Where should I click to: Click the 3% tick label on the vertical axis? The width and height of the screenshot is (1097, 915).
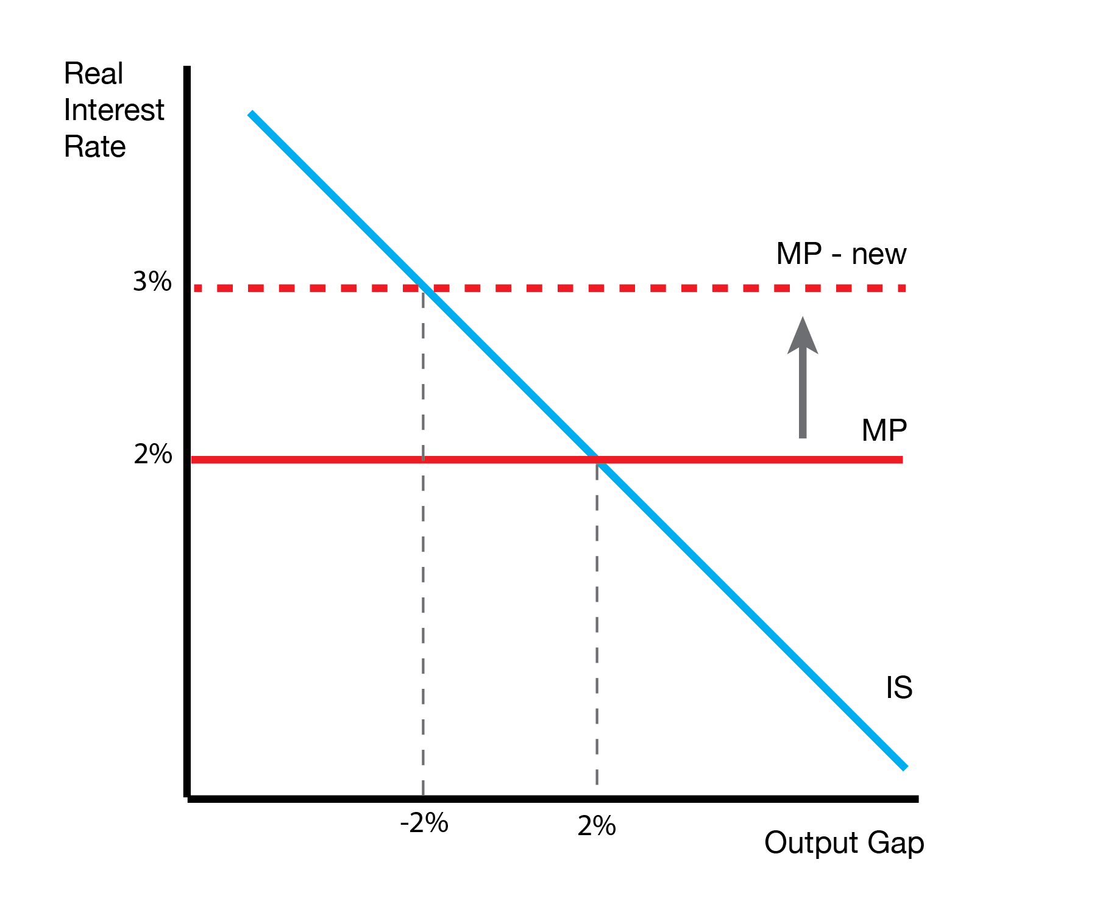[x=152, y=282]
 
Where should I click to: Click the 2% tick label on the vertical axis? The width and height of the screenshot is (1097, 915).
[x=152, y=454]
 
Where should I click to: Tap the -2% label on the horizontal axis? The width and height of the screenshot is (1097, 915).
[x=424, y=824]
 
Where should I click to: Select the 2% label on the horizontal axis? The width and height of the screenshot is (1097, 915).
[x=596, y=827]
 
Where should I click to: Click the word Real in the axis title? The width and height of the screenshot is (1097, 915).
[x=93, y=74]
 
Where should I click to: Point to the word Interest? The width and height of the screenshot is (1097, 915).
[x=114, y=110]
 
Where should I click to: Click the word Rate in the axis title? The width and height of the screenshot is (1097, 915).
[x=94, y=147]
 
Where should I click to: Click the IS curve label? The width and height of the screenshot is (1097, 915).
[x=899, y=688]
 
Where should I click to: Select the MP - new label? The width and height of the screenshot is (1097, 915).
[x=841, y=254]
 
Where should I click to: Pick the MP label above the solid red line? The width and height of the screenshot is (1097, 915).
[x=884, y=430]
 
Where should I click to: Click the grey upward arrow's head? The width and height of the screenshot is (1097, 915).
[x=803, y=335]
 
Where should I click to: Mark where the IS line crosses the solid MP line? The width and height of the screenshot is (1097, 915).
[x=597, y=460]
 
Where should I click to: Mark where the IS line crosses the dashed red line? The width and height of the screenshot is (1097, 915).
[x=424, y=288]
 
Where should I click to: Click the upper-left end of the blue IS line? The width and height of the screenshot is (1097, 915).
[x=250, y=114]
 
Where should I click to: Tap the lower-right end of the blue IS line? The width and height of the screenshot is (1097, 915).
[x=905, y=767]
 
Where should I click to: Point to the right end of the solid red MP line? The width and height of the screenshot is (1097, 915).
[x=901, y=460]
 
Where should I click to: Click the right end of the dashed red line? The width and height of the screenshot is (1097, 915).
[x=904, y=288]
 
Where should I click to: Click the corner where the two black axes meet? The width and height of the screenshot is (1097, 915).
[x=187, y=797]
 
